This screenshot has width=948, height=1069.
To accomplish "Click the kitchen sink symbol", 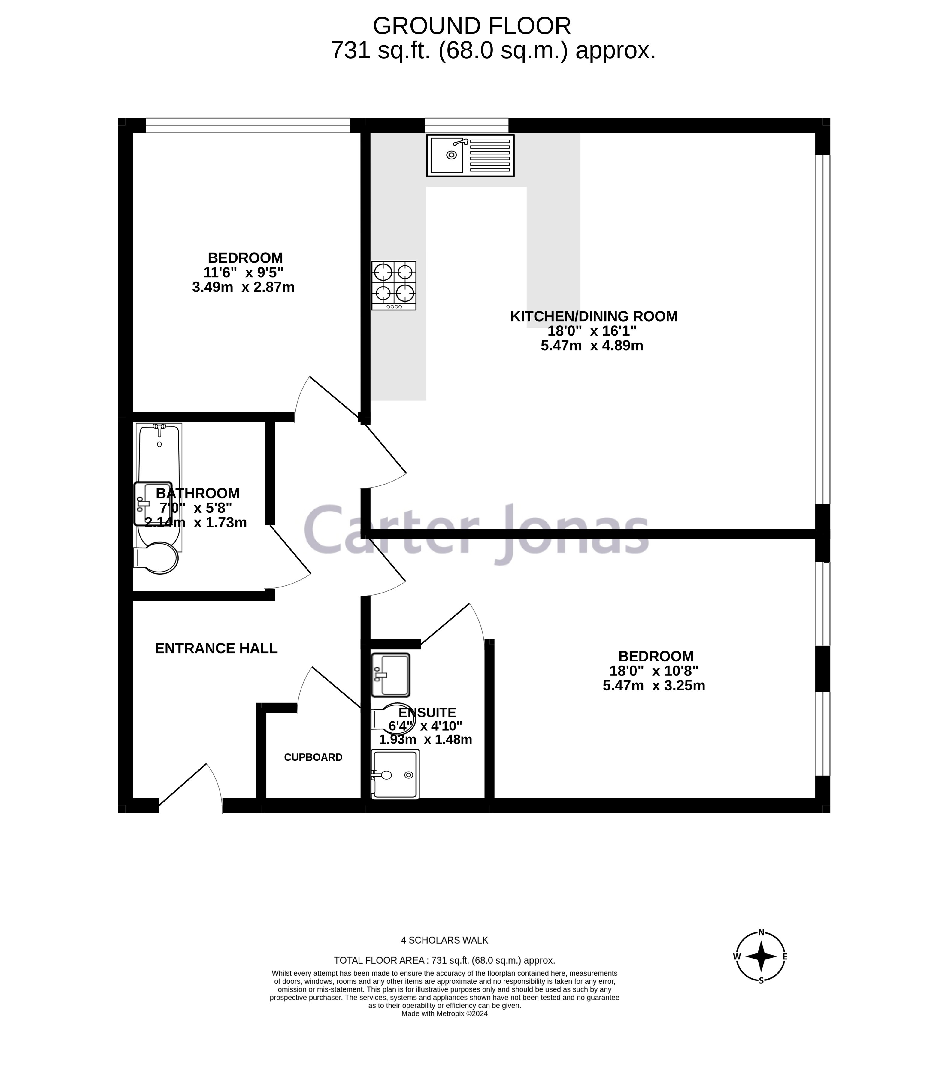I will [x=470, y=155].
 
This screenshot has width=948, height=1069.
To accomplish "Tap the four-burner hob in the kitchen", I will [x=393, y=285].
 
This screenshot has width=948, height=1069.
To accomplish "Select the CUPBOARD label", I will [x=313, y=757].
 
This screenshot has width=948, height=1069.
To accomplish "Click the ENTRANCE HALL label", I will [x=216, y=648].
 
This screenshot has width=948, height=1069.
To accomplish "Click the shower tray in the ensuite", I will [x=395, y=775].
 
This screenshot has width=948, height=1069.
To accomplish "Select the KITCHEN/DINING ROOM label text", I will [x=593, y=316].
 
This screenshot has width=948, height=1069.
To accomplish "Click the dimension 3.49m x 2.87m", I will [x=243, y=287].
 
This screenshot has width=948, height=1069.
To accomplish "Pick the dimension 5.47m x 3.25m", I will [x=653, y=686].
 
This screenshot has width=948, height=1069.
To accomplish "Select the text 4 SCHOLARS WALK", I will [x=444, y=940].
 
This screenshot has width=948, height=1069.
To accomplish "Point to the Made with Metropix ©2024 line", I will [x=444, y=1028].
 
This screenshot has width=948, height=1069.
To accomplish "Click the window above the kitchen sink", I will [x=466, y=125].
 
